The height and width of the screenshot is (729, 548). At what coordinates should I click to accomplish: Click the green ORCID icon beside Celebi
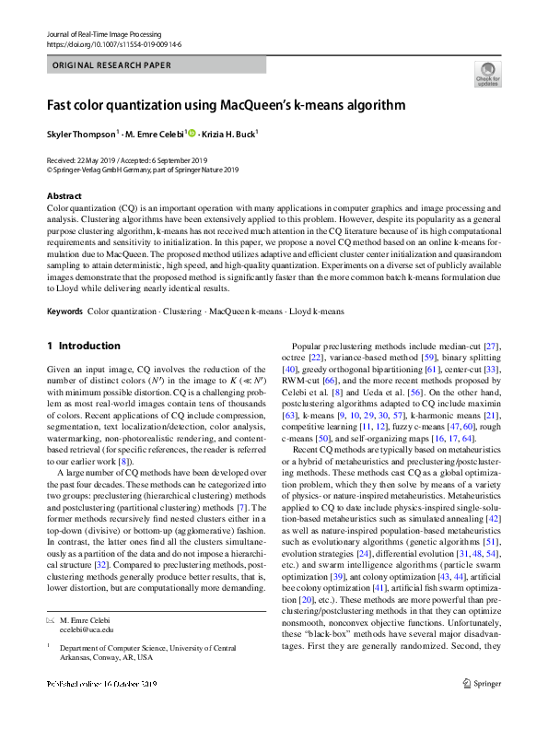coord(192,133)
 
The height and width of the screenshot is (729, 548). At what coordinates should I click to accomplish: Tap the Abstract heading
coord(64,196)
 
